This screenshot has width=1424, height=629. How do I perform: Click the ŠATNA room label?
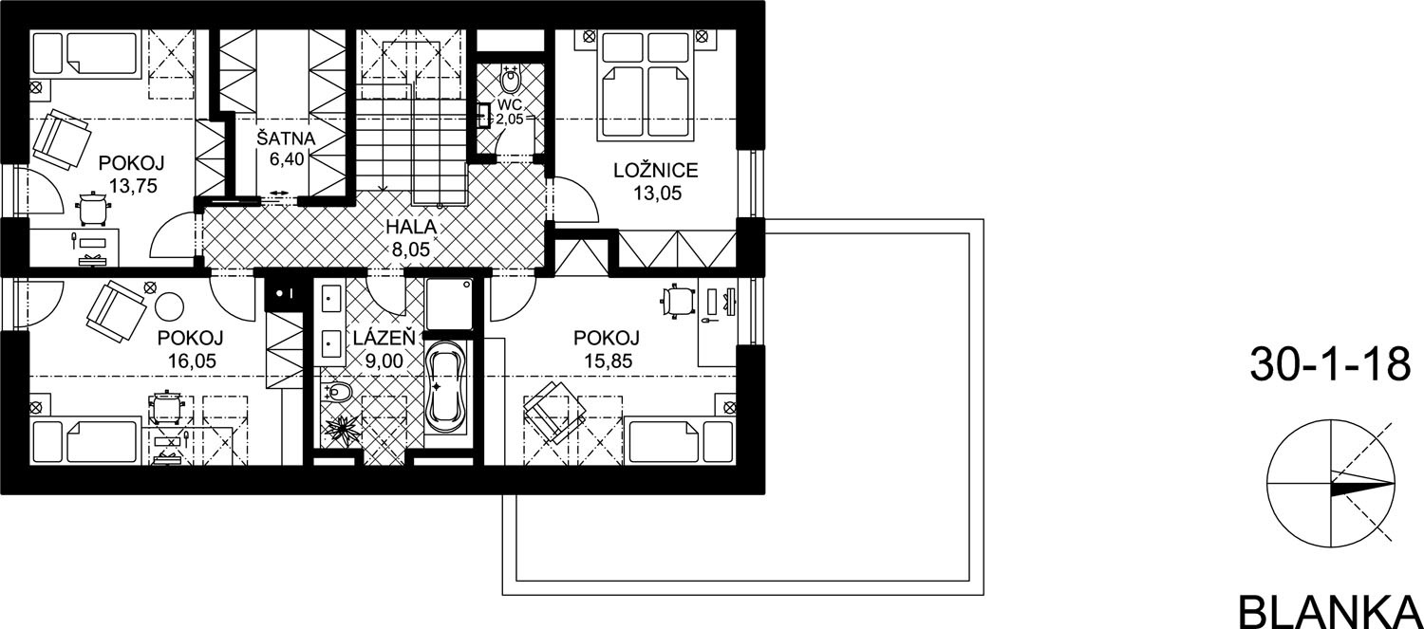286,138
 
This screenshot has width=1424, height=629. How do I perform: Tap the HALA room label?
411,227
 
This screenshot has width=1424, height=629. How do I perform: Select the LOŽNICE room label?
655,170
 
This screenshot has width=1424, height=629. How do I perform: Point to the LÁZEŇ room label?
384,338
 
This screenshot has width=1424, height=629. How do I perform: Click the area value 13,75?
133,186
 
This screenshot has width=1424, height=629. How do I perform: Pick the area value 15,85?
609,361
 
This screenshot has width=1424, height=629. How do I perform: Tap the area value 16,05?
192,361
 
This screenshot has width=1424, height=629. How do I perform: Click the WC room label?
509,104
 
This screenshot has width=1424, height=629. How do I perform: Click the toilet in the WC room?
510,80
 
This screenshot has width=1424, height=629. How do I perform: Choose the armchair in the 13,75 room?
61,139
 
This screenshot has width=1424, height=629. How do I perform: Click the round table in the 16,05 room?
169,306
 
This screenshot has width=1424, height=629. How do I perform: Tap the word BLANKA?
1331,613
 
